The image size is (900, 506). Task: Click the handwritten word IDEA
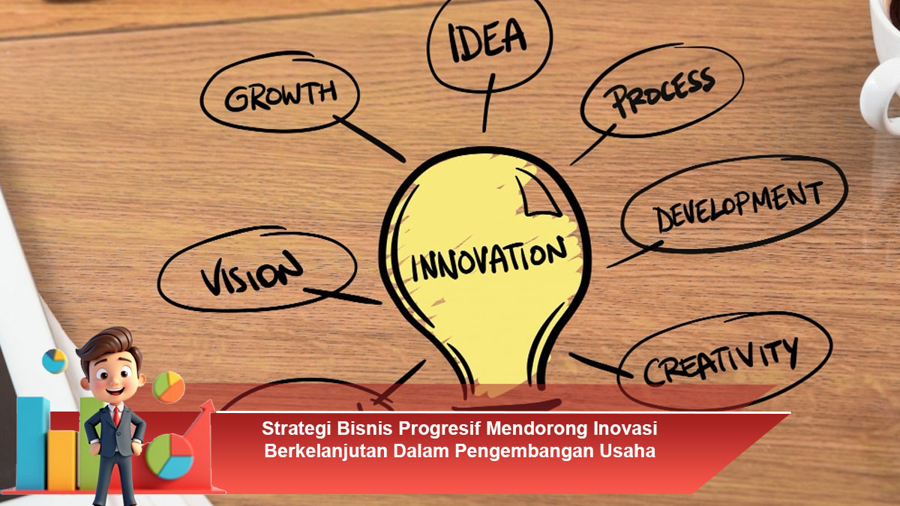487,40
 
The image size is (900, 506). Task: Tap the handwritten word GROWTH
280,97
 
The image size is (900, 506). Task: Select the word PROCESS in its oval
659,92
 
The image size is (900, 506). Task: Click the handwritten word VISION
251,273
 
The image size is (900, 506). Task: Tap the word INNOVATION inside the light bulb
488,259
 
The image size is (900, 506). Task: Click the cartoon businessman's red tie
116,416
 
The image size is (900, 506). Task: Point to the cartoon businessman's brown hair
108,343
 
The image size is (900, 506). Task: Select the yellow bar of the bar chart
63,460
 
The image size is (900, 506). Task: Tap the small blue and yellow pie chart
55,361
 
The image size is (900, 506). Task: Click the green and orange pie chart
169,387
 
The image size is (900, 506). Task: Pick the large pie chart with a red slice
169,457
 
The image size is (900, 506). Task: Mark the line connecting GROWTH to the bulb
369,139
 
